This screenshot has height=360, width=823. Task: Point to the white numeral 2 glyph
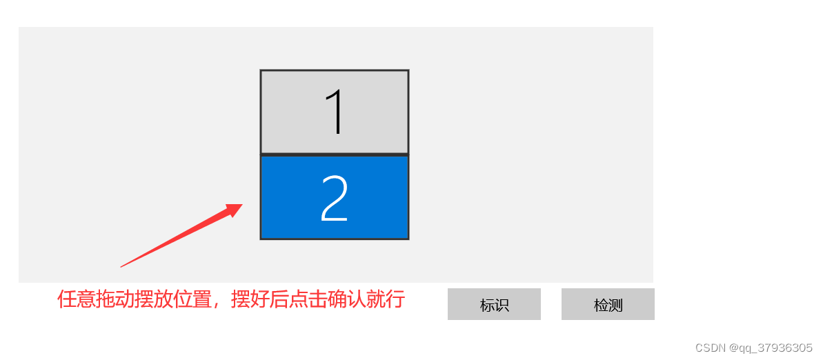pos(335,198)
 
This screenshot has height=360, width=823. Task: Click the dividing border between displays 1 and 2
pos(335,154)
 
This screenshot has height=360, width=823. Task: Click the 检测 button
pos(608,304)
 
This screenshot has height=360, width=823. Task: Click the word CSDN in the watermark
pos(708,348)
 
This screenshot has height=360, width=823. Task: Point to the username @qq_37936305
pos(770,348)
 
